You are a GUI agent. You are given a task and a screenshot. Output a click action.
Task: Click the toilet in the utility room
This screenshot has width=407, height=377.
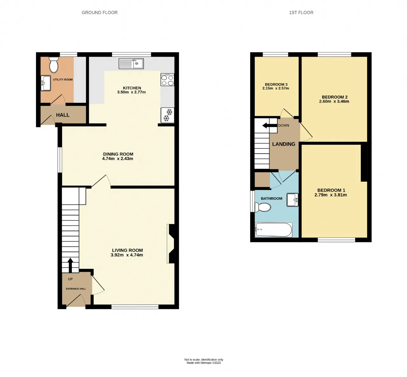(54, 65)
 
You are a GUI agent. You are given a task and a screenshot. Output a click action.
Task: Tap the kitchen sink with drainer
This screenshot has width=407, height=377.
(131, 63)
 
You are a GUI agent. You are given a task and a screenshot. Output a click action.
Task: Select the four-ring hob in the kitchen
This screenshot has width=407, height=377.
(168, 80)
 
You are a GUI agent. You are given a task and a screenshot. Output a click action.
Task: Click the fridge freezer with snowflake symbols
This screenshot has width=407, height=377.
(168, 115)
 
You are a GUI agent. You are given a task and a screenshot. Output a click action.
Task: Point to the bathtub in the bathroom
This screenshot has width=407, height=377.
(273, 230)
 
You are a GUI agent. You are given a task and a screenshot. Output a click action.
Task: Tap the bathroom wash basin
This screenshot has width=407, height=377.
(293, 200)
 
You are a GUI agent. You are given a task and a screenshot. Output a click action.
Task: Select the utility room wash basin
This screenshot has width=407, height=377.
(46, 83)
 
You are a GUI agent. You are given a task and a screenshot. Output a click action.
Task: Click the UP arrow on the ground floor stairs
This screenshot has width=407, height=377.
(70, 265)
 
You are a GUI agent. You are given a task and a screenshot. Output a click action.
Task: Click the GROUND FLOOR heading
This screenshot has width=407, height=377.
(100, 12)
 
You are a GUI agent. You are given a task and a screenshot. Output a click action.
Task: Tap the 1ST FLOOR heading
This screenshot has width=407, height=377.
(301, 12)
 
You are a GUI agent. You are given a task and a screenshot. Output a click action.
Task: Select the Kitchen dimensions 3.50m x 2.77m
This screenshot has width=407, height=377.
(131, 92)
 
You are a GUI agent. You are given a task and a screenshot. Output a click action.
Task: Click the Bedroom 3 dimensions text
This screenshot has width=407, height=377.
(276, 88)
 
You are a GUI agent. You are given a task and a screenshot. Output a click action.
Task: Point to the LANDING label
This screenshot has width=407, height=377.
(284, 144)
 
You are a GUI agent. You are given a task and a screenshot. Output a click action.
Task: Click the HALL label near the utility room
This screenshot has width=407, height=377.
(63, 115)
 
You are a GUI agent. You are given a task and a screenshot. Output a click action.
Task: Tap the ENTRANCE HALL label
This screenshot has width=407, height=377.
(76, 289)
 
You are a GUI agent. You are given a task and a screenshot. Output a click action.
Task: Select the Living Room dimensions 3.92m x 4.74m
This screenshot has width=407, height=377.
(127, 255)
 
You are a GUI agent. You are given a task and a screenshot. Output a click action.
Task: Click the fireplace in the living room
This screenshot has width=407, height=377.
(171, 244)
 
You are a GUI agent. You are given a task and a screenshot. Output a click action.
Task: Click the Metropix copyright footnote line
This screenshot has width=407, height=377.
(204, 363)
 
